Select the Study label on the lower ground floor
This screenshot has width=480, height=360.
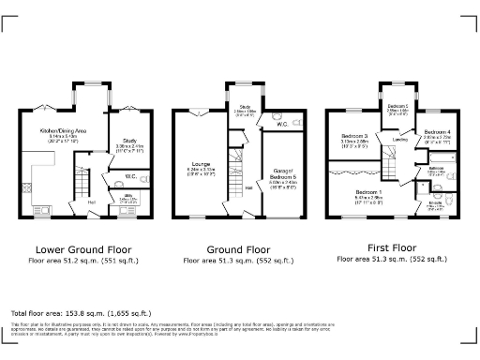coord(127,142)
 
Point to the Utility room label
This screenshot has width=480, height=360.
coord(127,196)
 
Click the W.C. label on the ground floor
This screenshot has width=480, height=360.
coord(282,123)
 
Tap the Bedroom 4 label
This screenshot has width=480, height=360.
coord(437,132)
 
